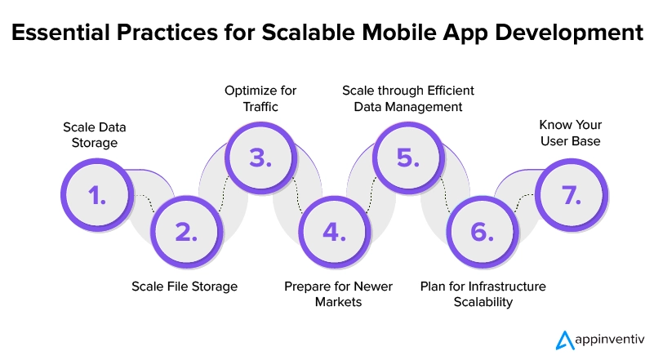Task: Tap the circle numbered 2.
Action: (185, 232)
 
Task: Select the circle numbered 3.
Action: (259, 158)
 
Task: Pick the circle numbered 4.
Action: (332, 232)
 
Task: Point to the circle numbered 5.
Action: (406, 158)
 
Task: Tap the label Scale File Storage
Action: (185, 286)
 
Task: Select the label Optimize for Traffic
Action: (260, 96)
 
